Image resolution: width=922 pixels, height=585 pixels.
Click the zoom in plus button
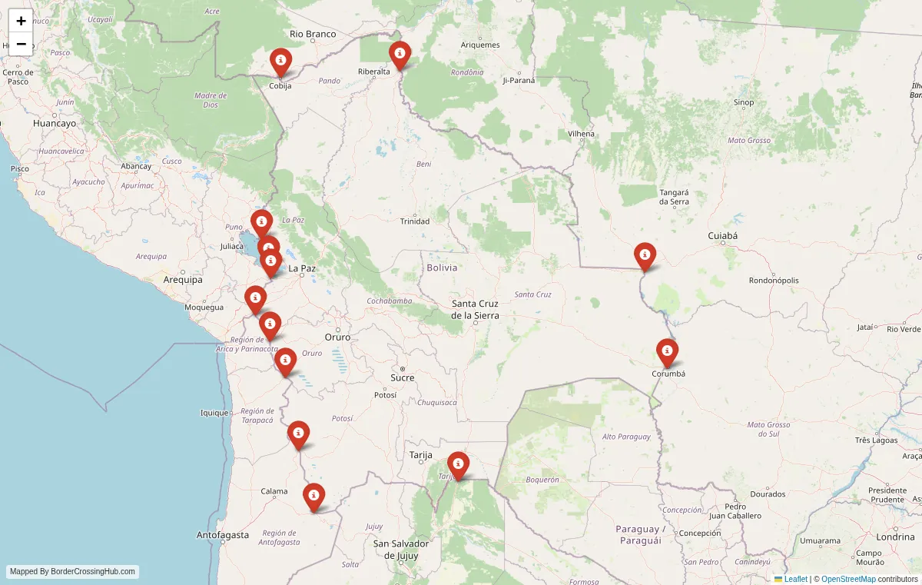21,21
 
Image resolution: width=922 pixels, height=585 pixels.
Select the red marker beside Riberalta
400,55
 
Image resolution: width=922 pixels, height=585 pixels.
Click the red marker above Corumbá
667,352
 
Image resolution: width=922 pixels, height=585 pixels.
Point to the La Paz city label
302,268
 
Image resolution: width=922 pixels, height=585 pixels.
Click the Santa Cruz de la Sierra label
475,309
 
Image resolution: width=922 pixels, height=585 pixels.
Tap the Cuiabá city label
722,236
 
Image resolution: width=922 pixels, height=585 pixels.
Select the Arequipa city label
183,280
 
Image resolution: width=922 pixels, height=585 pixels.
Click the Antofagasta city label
223,534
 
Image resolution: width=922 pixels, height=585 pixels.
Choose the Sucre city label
402,377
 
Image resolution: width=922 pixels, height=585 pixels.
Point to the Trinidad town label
415,221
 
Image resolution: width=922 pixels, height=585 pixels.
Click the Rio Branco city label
313,34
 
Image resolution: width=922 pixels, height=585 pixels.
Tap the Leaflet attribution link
795,579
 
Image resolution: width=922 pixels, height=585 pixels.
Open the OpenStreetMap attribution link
848,579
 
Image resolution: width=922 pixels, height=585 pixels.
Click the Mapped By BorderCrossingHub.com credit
73,572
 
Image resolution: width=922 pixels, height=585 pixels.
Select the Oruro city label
337,337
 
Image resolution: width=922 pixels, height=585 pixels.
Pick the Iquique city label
214,413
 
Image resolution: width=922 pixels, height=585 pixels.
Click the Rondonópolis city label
774,281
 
